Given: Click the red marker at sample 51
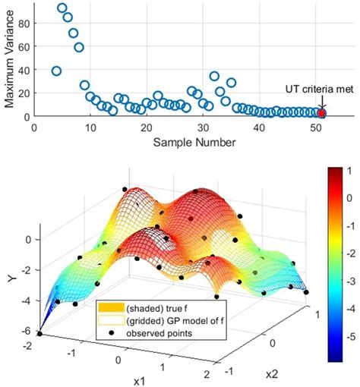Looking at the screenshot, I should tap(321, 113).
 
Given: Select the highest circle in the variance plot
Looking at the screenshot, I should tap(62, 8).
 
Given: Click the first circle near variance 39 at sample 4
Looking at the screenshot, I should tap(56, 71).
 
